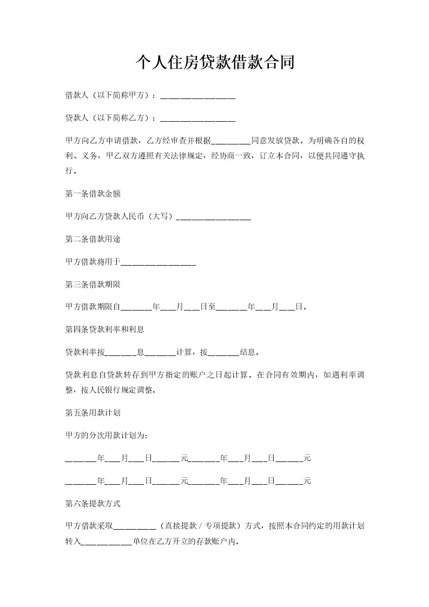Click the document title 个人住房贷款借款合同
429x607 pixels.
(214, 62)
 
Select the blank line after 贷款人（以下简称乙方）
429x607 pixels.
(198, 118)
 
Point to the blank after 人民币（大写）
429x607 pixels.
(214, 217)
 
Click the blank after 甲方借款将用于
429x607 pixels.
(157, 262)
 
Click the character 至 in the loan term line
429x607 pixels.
(212, 307)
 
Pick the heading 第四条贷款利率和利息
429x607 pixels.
(104, 329)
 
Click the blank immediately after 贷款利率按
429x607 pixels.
(120, 353)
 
